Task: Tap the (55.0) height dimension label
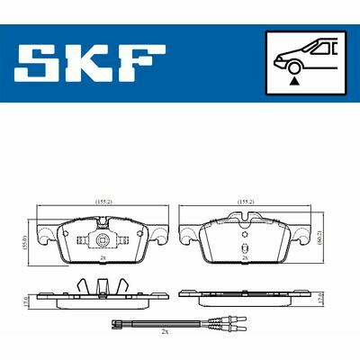pos(26,238)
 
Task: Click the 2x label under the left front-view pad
pos(102,258)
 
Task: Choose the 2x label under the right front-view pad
pos(246,258)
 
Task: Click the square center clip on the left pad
pos(101,241)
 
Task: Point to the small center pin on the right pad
pos(246,248)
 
